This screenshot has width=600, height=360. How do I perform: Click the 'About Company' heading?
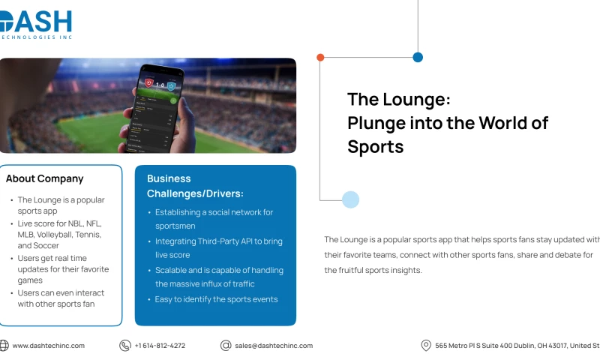point(45,178)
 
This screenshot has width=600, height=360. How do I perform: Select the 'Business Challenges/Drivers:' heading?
point(195,186)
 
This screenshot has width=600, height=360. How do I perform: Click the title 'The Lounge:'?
point(398,99)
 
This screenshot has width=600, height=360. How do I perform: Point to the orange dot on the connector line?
point(320,57)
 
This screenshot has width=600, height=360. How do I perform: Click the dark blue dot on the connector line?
point(418,57)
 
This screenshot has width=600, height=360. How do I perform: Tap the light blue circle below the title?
point(350,199)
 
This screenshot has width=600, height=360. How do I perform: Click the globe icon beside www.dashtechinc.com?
point(4,346)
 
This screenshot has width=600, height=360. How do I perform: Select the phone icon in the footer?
point(125,346)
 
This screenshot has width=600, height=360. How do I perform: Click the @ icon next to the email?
point(226,346)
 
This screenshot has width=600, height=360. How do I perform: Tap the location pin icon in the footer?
point(426,346)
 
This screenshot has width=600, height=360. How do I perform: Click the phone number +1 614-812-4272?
point(160,346)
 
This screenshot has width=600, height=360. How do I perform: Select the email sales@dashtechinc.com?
point(274,346)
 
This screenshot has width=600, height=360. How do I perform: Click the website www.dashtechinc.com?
point(49,346)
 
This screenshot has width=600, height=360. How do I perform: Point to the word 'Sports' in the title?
point(376,147)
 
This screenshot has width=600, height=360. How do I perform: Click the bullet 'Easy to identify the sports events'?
point(217,299)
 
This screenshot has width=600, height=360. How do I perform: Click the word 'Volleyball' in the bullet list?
point(58,235)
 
